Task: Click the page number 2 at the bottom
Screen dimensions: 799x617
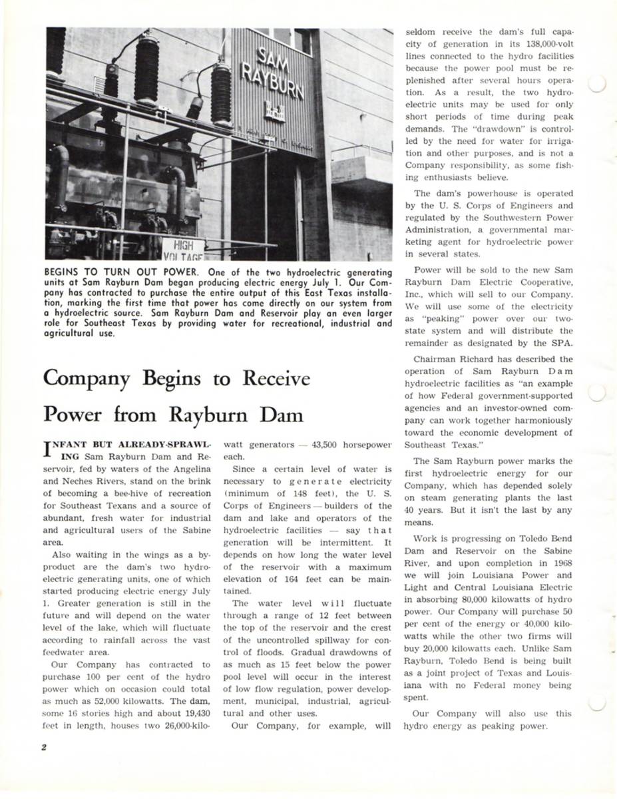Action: tap(44, 746)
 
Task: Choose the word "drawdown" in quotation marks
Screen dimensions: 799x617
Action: tap(487, 129)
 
